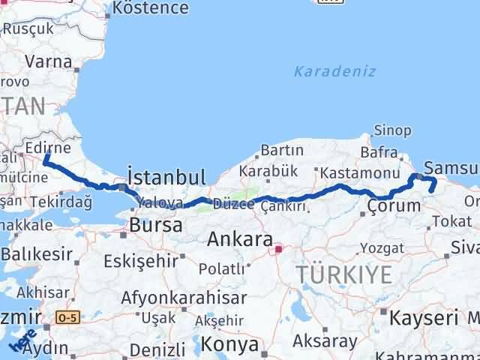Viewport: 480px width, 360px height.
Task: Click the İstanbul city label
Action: [x=166, y=177]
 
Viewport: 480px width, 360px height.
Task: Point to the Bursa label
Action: [x=155, y=224]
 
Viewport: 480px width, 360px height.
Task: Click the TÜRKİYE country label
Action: [x=344, y=274]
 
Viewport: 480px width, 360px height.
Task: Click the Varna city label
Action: [x=48, y=61]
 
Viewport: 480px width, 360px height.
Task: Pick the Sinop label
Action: [x=392, y=130]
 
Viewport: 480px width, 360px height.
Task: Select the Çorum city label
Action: [x=394, y=205]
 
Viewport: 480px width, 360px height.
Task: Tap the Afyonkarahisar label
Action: [x=184, y=297]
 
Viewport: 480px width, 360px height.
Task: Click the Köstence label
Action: [x=149, y=8]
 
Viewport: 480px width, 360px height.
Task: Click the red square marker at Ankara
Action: [x=278, y=248]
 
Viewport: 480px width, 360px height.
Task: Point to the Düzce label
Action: [x=234, y=204]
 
